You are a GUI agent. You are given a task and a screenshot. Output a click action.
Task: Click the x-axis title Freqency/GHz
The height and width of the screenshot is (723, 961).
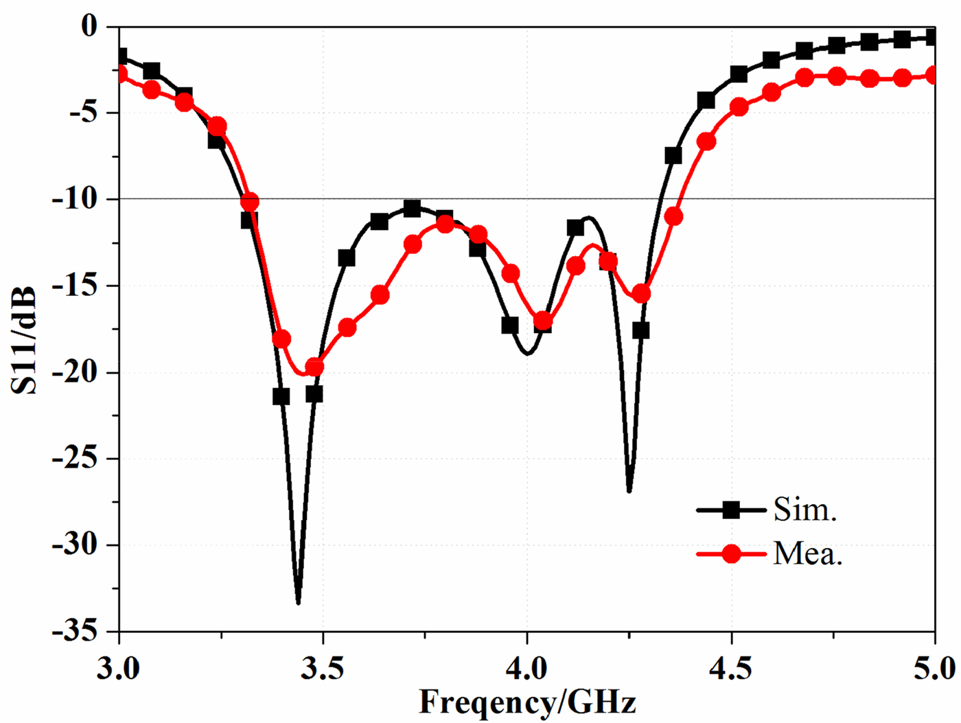(x=527, y=702)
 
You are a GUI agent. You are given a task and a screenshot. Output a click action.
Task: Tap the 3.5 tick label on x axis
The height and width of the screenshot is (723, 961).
(x=323, y=668)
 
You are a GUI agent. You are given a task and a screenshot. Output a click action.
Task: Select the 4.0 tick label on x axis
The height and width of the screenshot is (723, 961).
(x=527, y=668)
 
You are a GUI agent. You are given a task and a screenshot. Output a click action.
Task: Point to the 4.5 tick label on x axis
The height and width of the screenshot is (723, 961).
(x=732, y=668)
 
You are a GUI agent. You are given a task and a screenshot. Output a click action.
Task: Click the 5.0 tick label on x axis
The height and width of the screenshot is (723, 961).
(x=935, y=668)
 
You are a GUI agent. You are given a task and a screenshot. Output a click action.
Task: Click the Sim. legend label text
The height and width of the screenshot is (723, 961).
(x=804, y=510)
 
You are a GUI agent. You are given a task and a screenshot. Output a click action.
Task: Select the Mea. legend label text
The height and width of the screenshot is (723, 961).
(x=807, y=553)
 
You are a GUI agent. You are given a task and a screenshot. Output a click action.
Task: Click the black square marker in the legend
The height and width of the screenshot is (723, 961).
(x=732, y=510)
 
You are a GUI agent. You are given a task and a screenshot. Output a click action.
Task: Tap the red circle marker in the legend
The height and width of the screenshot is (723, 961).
(x=732, y=553)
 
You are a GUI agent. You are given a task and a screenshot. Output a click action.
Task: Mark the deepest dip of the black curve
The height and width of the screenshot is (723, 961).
(x=298, y=602)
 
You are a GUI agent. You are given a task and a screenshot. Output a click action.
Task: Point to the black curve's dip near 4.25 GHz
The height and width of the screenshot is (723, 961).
(x=629, y=490)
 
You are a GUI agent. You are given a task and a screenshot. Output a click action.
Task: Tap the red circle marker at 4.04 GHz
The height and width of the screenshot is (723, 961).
(x=543, y=321)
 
